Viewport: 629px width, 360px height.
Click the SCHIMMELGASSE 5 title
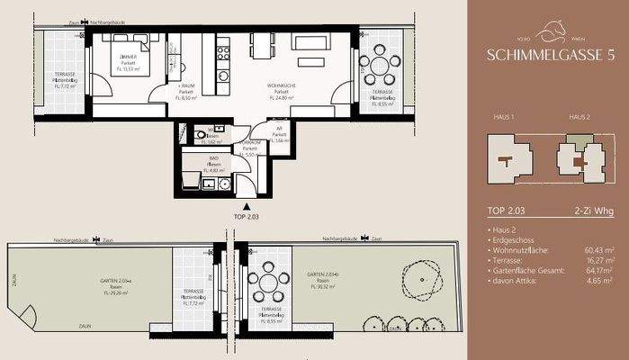(x=549, y=54)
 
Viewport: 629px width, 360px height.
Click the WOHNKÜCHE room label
(x=283, y=86)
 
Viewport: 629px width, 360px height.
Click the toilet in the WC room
(x=199, y=135)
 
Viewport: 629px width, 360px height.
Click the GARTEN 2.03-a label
(x=114, y=282)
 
